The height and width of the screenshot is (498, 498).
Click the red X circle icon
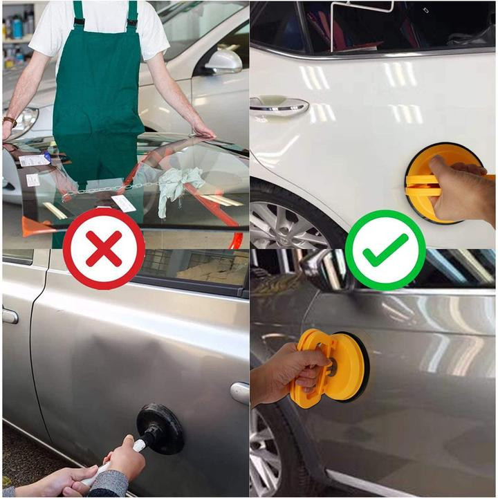click(104, 248)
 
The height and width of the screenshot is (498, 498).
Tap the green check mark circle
click(385, 249)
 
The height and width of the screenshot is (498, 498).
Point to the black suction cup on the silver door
click(160, 428)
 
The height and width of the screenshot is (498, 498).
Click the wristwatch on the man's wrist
click(10, 122)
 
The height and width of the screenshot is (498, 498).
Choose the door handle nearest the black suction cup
click(239, 392)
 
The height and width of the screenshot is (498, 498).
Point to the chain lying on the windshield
click(104, 189)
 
